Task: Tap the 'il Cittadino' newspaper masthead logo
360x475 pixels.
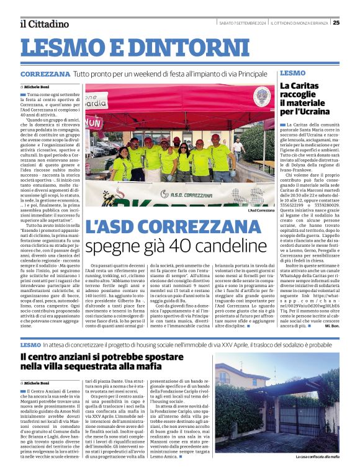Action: (x=44, y=24)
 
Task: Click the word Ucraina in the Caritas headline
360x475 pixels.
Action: (x=317, y=112)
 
